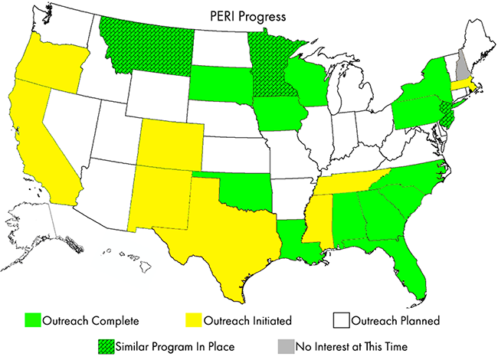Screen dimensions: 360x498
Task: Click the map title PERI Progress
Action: point(248,15)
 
